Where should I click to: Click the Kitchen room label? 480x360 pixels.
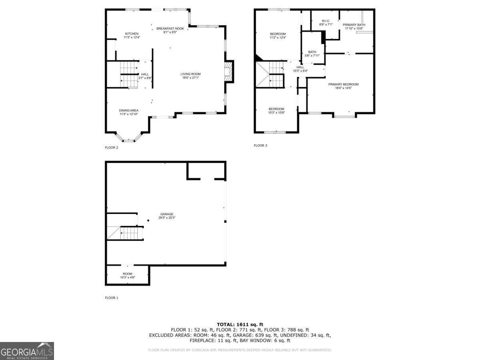(132, 34)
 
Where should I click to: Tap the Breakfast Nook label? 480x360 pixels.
(170, 28)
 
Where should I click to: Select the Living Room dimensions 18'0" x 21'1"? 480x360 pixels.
(190, 78)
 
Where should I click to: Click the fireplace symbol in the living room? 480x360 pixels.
(228, 72)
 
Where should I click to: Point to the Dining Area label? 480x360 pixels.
(128, 110)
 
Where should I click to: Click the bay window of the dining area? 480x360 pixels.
(128, 138)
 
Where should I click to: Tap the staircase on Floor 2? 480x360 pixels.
(129, 74)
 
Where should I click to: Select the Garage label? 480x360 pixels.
(167, 214)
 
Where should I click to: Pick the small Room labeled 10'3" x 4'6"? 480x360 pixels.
(127, 276)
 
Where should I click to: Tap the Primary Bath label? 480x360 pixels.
(354, 25)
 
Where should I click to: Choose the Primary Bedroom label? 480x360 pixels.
(343, 84)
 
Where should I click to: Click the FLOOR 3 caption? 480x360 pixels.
(260, 146)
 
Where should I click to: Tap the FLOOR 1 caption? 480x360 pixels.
(112, 298)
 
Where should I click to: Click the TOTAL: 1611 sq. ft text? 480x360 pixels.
(240, 324)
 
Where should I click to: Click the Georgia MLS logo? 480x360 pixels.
(27, 351)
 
